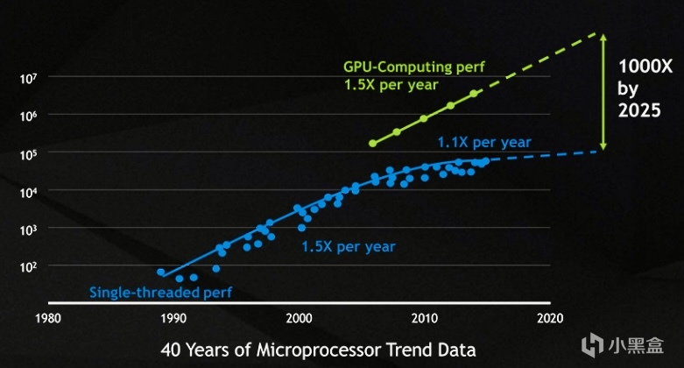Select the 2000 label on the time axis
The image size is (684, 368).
[300, 317]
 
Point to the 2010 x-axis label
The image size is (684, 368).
[425, 317]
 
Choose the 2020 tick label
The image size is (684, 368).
[550, 317]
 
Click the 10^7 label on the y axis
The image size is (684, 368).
[28, 78]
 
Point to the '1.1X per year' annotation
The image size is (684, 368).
[484, 142]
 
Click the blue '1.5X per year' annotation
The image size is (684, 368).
[348, 247]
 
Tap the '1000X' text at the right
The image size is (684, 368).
[645, 66]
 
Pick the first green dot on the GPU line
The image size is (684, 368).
[372, 143]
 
